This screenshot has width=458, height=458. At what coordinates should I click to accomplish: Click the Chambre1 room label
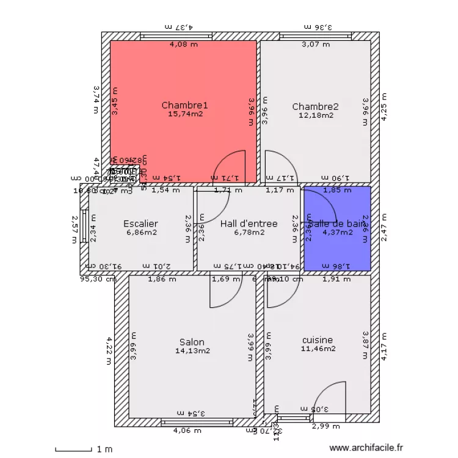pos(184,105)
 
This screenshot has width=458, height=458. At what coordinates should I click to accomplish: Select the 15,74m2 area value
pos(184,114)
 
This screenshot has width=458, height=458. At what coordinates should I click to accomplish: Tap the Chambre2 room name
pos(315,106)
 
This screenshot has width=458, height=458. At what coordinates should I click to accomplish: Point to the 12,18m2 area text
pos(315,115)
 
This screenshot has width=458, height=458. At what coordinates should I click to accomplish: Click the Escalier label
pos(140,224)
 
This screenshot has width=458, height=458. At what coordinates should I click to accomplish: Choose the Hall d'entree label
pos(249,224)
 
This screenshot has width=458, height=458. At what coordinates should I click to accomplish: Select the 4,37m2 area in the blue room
pos(338,232)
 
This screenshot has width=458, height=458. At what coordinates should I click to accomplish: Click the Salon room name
pos(192,342)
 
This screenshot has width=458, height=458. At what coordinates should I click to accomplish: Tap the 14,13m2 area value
pos(192,351)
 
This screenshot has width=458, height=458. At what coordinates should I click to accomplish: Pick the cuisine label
pos(318,340)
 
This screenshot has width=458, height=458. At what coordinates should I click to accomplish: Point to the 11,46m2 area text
pos(318,349)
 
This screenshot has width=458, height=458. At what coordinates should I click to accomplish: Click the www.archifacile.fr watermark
pos(366,448)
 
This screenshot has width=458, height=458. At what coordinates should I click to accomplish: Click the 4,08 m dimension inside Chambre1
pos(183,44)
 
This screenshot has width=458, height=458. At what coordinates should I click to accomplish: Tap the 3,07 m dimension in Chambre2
pos(315,44)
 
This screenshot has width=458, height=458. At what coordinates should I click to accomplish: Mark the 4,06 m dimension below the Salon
pos(186,431)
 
